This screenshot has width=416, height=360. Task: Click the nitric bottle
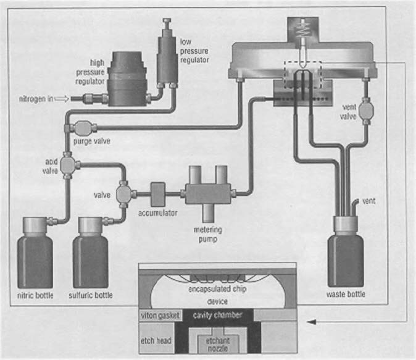(x=35, y=253)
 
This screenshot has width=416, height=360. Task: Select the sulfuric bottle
(x=91, y=253)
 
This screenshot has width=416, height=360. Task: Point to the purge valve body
(x=83, y=128)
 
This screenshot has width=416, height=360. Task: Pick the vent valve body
(x=366, y=110)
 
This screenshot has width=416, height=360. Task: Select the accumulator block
(x=158, y=194)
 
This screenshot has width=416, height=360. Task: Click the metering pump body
(x=208, y=194)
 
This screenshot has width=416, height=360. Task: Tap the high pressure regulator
(x=127, y=79)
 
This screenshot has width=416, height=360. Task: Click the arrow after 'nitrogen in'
(x=62, y=99)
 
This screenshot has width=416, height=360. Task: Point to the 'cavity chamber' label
(x=217, y=315)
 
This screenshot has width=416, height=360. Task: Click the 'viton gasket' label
(x=160, y=316)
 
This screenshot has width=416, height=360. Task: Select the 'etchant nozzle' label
(x=218, y=345)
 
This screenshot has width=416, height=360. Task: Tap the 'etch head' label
(x=156, y=340)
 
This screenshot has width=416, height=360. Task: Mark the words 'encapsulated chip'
(x=217, y=289)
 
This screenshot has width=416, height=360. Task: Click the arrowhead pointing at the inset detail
(x=312, y=322)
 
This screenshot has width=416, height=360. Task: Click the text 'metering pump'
(x=208, y=235)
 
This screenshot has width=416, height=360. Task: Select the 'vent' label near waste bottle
(x=368, y=201)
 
